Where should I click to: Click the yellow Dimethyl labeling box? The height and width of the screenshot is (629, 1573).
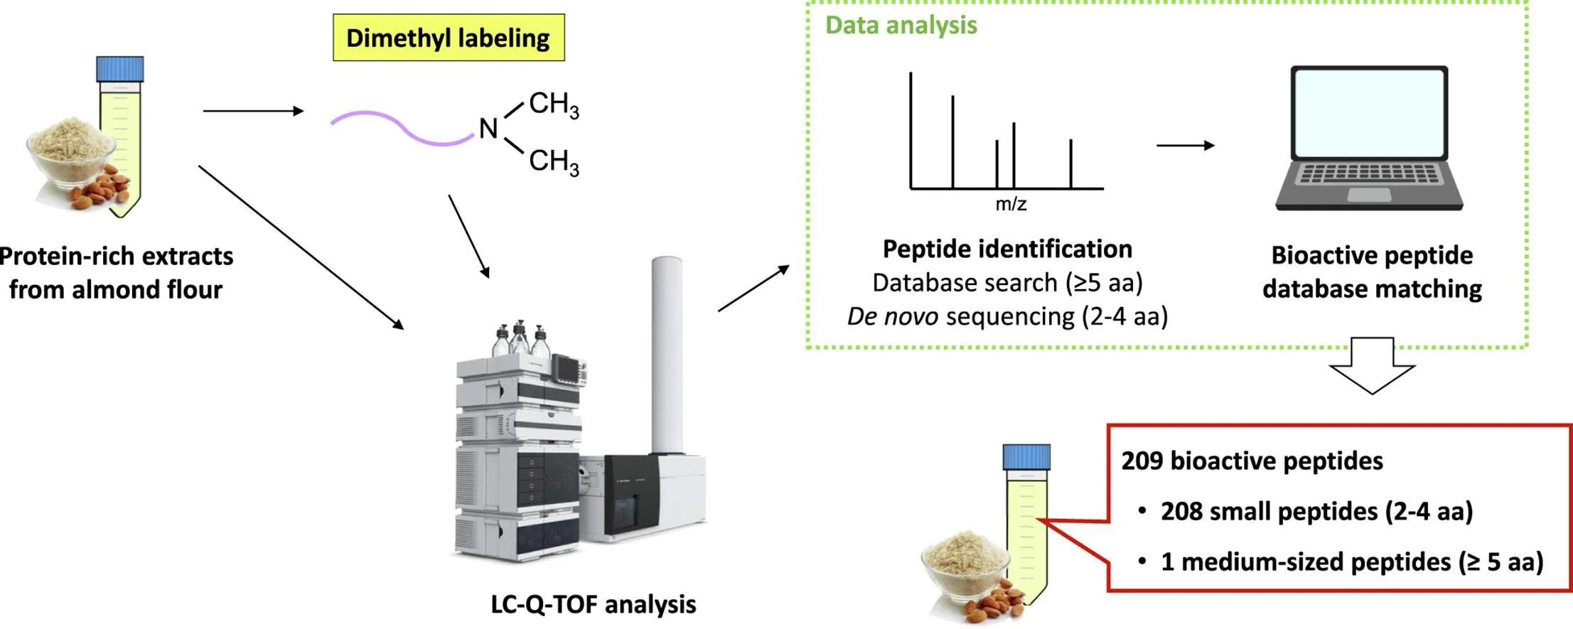[449, 38]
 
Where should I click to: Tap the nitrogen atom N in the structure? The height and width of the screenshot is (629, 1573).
[488, 129]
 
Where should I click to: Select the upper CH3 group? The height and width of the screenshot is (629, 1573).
[554, 104]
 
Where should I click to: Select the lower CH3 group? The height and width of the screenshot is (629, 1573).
[554, 161]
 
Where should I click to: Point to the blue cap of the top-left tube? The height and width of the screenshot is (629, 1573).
[120, 69]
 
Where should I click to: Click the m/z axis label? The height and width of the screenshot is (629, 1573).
[1011, 205]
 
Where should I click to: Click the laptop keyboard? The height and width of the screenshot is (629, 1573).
[1369, 174]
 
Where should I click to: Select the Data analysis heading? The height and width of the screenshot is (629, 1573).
[901, 26]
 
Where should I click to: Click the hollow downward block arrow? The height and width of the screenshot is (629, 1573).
[1372, 366]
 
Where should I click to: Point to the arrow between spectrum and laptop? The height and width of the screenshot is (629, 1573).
[1185, 146]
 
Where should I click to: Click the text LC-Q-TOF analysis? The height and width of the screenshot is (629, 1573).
[593, 604]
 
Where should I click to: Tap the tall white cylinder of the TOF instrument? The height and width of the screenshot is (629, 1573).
[667, 355]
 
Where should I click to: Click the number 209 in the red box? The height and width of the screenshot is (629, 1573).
[1142, 461]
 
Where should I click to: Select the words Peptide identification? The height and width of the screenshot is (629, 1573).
[1007, 249]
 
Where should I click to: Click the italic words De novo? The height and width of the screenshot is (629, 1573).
[892, 317]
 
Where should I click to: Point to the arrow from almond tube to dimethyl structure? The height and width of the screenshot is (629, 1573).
[253, 111]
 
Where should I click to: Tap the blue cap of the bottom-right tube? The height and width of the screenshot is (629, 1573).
[1026, 457]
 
